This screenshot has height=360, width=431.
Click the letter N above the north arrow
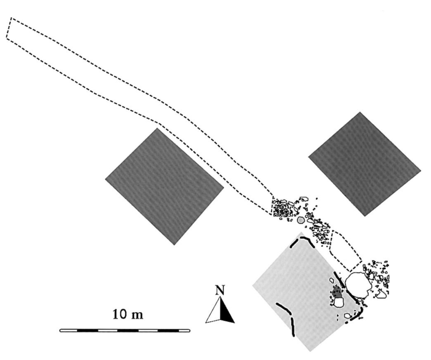click(220, 290)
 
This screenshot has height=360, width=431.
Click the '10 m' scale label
click(128, 314)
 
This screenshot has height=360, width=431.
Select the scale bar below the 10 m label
click(125, 330)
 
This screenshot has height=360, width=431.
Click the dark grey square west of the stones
click(164, 186)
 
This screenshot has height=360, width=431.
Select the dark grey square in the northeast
click(365, 164)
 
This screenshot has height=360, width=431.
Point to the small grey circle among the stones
click(301, 220)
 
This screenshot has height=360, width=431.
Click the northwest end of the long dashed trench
click(9, 28)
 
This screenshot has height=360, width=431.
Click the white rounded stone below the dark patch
click(339, 302)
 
